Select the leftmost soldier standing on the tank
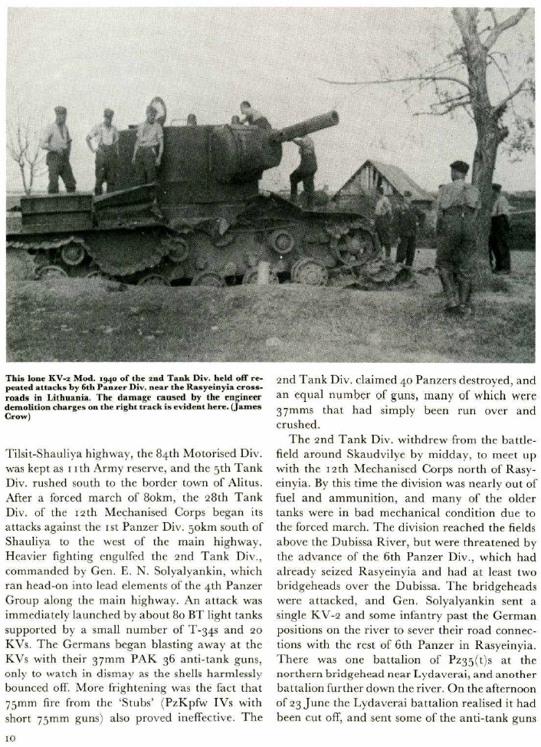pyautogui.click(x=58, y=150)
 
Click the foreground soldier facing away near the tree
pyautogui.click(x=458, y=230)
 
